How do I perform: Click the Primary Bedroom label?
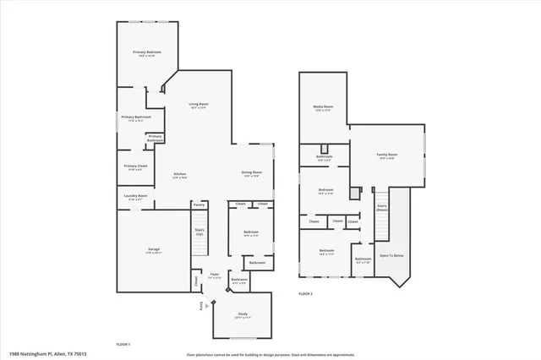pyautogui.click(x=147, y=52)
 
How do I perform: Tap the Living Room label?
pyautogui.click(x=199, y=104)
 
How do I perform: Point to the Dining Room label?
pyautogui.click(x=252, y=172)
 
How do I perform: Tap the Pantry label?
pyautogui.click(x=199, y=204)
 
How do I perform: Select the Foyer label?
pyautogui.click(x=215, y=275)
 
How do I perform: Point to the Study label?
pyautogui.click(x=242, y=314)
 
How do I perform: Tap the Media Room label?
pyautogui.click(x=323, y=106)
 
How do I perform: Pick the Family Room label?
pyautogui.click(x=387, y=155)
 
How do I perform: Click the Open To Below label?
pyautogui.click(x=391, y=254)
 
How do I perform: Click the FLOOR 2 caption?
pyautogui.click(x=305, y=293)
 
